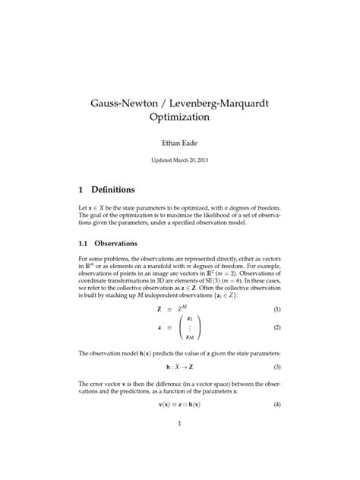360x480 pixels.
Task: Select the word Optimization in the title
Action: click(x=180, y=119)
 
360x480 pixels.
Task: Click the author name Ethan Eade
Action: click(x=180, y=142)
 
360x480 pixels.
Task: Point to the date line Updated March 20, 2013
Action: click(x=180, y=161)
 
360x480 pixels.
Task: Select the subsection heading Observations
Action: click(x=115, y=244)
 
